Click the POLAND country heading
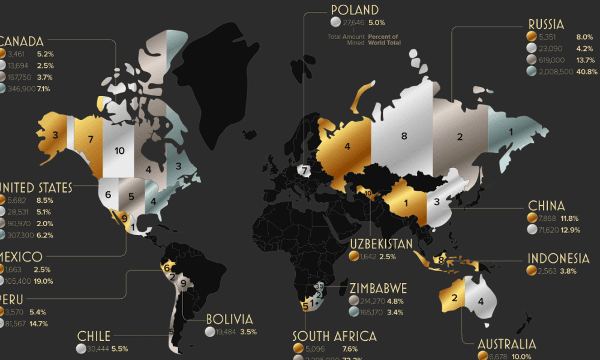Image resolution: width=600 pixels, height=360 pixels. pyautogui.click(x=355, y=10)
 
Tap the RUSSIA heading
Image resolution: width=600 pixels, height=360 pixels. pyautogui.click(x=546, y=25)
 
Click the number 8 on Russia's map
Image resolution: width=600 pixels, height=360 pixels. pyautogui.click(x=404, y=136)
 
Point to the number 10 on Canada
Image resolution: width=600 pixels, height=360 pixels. pyautogui.click(x=119, y=151)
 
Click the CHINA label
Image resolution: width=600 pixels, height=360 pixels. pyautogui.click(x=546, y=206)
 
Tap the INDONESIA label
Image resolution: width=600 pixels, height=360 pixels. pyautogui.click(x=558, y=259)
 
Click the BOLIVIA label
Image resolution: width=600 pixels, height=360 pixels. pyautogui.click(x=229, y=319)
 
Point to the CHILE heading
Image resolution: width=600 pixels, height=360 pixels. pyautogui.click(x=94, y=336)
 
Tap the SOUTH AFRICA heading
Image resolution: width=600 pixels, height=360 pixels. pyautogui.click(x=334, y=336)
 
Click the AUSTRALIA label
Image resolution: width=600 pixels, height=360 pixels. pyautogui.click(x=506, y=344)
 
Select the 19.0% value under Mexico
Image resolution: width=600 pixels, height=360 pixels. pyautogui.click(x=43, y=281)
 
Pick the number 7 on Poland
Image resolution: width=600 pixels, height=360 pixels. pyautogui.click(x=305, y=171)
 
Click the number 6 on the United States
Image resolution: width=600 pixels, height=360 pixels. pyautogui.click(x=108, y=195)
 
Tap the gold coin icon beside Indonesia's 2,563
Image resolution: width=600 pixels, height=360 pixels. pyautogui.click(x=532, y=271)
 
